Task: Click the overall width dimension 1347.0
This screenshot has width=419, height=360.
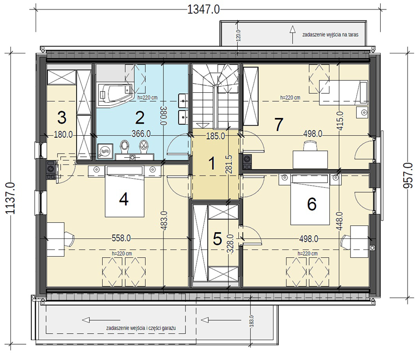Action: pos(203,9)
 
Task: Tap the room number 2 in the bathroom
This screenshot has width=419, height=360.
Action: pos(140,118)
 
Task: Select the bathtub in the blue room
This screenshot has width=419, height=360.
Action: pos(115,93)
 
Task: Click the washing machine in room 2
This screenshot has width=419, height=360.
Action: pos(104,151)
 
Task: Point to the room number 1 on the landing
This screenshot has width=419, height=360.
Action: pos(212,163)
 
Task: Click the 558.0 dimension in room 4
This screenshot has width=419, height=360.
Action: pos(121,238)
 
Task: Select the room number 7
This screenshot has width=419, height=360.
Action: pos(279,125)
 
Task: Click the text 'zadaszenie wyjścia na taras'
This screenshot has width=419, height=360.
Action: pos(330,35)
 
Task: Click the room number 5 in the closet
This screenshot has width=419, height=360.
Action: pos(217,238)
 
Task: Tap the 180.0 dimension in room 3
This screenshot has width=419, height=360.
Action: pos(63,135)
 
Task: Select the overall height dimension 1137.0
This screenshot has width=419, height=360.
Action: pos(10,198)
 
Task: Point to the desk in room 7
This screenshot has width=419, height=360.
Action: pos(310,159)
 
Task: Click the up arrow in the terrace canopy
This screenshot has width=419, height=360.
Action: pos(293,35)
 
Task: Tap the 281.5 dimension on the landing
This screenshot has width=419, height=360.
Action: pos(229,165)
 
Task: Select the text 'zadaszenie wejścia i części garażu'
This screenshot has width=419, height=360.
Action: pos(141,328)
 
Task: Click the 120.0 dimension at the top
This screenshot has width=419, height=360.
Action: pos(239,35)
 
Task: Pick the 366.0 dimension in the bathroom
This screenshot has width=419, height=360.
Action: pos(141,134)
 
